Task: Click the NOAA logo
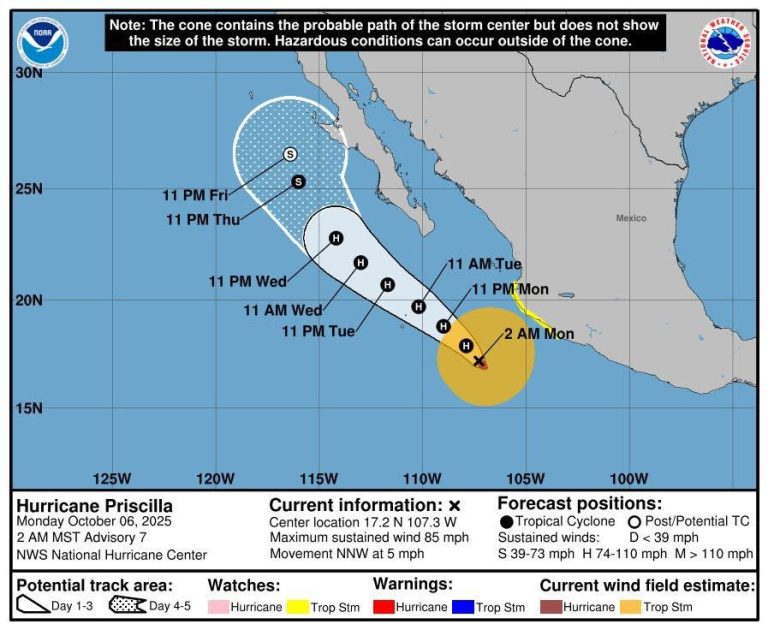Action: point(43,43)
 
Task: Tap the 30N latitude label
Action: point(29,73)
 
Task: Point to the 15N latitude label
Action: point(29,408)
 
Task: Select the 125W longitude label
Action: point(111,476)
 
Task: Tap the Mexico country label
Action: point(631,217)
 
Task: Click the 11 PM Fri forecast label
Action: point(196,194)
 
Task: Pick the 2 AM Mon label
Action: point(539,334)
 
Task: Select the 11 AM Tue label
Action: point(484,264)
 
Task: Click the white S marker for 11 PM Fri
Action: point(290,154)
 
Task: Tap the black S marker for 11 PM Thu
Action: point(298,181)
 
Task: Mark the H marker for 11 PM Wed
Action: point(336,238)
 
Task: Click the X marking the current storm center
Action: point(479,360)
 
